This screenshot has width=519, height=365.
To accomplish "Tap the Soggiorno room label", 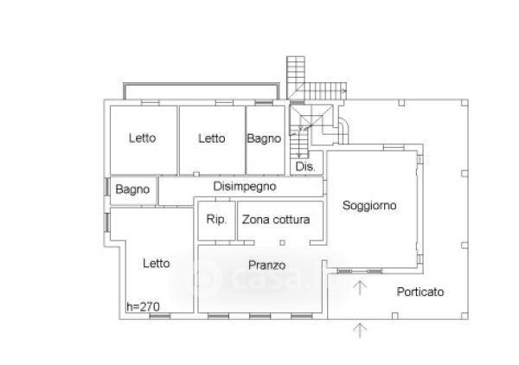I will [x=369, y=206].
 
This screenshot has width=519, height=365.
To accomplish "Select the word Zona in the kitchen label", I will [x=254, y=221].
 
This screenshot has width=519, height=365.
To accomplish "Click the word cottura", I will [x=290, y=221].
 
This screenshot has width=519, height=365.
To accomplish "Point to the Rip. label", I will [x=215, y=221].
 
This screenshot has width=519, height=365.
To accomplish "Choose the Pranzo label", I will [x=266, y=265].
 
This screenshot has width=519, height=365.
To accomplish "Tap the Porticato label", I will [x=420, y=292].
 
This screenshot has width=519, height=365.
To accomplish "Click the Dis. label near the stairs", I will [x=304, y=166].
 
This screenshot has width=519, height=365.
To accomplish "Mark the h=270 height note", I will [x=143, y=306].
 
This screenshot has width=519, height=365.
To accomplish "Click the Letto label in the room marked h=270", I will [x=157, y=264].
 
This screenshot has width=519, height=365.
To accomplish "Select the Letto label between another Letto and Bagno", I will [x=211, y=138].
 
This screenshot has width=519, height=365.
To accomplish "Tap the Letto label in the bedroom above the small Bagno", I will [x=143, y=138].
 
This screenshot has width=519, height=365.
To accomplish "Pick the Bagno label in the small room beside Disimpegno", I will [x=133, y=189].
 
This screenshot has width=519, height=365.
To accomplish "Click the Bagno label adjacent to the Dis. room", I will [x=264, y=138].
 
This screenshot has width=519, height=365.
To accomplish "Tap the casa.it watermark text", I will [x=259, y=279].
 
